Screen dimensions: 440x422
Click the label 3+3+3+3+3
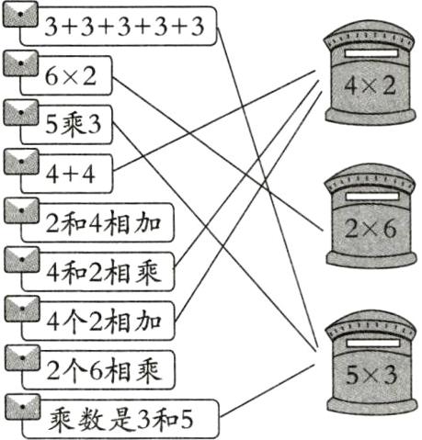point(125,27)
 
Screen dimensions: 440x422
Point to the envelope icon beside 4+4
point(20,160)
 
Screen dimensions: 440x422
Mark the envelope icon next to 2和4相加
point(20,209)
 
